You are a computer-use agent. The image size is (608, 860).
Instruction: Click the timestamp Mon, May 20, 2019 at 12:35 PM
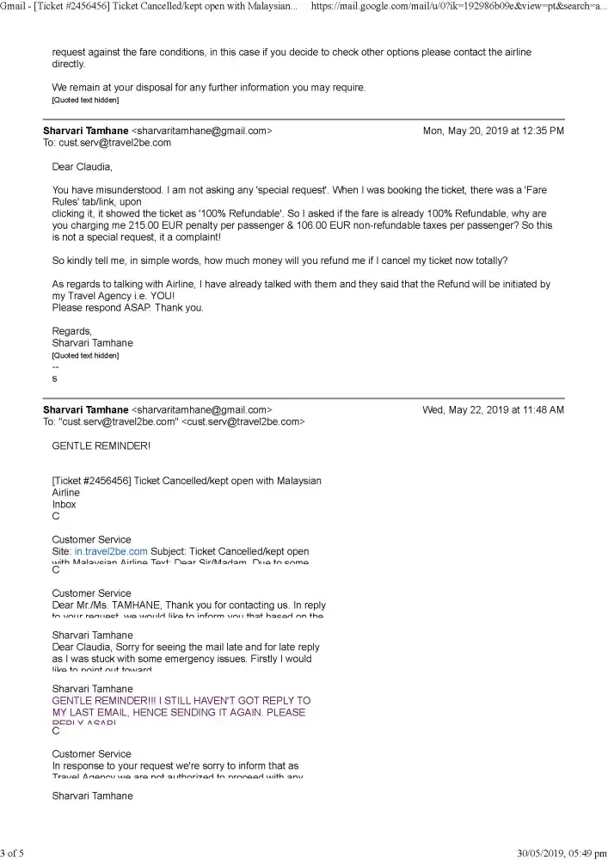pos(494,131)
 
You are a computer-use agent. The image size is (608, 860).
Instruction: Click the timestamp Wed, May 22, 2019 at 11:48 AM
pos(493,410)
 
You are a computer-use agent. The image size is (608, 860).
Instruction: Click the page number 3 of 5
pos(13,853)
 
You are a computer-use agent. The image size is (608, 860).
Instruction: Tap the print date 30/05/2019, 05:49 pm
pos(562,853)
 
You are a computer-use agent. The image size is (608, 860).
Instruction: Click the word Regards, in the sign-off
pos(71,331)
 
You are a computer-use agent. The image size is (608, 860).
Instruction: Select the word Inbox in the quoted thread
pos(64,505)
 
